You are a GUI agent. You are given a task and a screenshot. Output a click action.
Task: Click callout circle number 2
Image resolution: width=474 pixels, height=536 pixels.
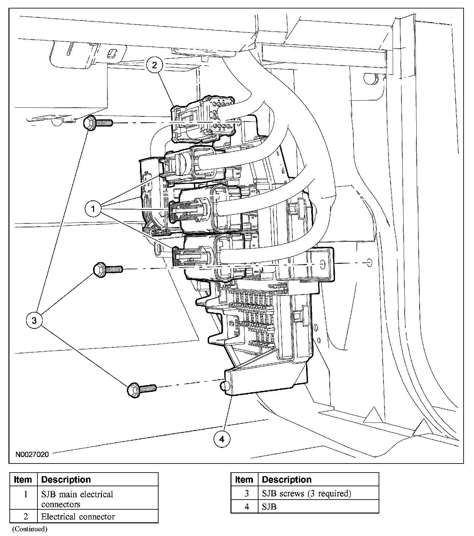155,65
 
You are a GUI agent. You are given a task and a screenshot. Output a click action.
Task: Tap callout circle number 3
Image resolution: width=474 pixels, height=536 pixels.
34,320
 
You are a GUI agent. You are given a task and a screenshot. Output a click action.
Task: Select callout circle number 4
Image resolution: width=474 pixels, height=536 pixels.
222,439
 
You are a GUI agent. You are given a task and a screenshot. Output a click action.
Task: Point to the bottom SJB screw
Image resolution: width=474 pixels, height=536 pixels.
142,389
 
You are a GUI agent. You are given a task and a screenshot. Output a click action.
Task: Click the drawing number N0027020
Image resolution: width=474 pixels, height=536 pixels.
32,454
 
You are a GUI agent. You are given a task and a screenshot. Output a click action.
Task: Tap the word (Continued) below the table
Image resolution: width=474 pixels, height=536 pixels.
30,529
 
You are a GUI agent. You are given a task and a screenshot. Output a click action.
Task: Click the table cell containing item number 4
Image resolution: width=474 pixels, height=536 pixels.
246,507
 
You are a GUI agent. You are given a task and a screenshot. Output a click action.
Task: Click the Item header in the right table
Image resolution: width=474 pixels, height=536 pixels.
244,480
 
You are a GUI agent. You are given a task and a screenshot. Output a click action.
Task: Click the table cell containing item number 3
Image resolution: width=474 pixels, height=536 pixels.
246,493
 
